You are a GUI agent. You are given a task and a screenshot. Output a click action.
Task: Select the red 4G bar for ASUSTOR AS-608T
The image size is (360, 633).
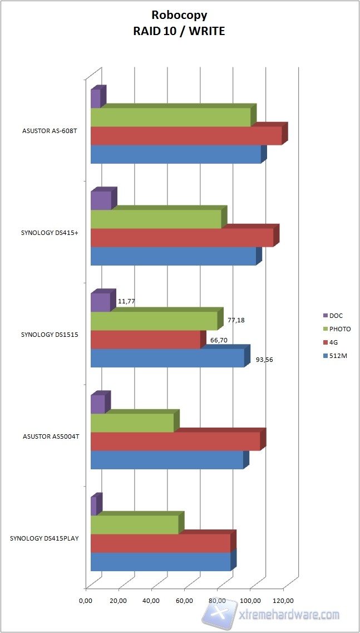186,136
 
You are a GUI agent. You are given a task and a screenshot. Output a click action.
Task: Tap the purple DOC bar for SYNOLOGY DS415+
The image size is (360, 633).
101,200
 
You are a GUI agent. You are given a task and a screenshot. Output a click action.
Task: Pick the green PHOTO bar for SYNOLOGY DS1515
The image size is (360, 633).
154,321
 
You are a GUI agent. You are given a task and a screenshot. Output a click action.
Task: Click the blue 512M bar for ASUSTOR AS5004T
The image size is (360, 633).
167,460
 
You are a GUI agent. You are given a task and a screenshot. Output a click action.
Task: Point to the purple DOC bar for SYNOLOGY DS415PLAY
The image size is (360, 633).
93,506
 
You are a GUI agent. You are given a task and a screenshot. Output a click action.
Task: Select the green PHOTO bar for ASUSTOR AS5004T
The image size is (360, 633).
132,423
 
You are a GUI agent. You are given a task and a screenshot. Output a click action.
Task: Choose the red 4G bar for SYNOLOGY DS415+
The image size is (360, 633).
182,238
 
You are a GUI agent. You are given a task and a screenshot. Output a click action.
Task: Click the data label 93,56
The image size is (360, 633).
264,359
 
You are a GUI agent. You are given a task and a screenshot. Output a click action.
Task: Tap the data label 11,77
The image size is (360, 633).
127,301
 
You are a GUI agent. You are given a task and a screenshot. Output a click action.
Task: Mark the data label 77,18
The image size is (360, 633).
236,321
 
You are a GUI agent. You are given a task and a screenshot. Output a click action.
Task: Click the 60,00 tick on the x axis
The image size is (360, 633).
185,601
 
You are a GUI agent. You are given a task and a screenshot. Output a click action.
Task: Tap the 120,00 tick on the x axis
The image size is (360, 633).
283,601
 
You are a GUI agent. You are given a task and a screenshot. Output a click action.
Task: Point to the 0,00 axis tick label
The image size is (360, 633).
86,601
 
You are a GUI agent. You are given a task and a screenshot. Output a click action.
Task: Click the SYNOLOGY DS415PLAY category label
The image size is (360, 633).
45,538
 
